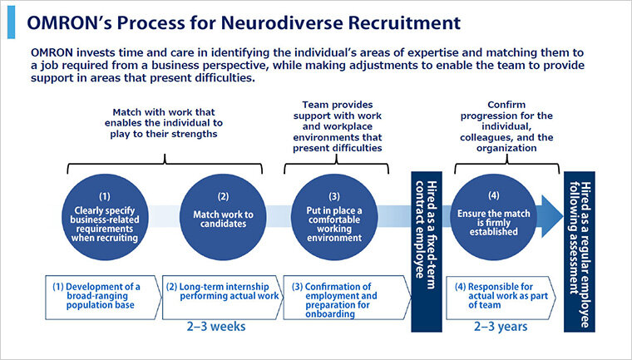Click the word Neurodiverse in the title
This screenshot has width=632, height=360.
pos(282,23)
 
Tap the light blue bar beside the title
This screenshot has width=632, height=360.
pos(12,22)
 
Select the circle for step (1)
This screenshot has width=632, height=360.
pos(105,217)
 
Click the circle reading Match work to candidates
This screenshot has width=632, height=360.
pos(223,217)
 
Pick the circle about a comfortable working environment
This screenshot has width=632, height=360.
pos(334,217)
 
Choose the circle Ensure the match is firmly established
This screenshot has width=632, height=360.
pos(493,217)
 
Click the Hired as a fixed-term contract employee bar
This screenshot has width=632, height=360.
pos(427,252)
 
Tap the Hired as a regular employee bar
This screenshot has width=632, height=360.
pos(580,252)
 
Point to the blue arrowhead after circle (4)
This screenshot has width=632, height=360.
pos(552,216)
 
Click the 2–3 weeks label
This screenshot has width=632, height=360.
pos(216,326)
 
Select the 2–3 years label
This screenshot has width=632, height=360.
pos(501,326)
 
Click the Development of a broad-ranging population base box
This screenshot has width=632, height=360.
pos(104,298)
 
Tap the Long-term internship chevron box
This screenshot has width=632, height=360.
pos(223,298)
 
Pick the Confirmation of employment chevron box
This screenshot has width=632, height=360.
pos(347,298)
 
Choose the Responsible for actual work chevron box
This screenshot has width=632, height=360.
pos(501,298)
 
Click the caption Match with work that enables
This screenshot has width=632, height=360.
pos(164,123)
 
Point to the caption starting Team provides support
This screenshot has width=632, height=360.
pos(338,126)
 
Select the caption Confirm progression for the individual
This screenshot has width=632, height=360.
pos(506,126)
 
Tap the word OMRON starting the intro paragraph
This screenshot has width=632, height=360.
pos(52,53)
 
